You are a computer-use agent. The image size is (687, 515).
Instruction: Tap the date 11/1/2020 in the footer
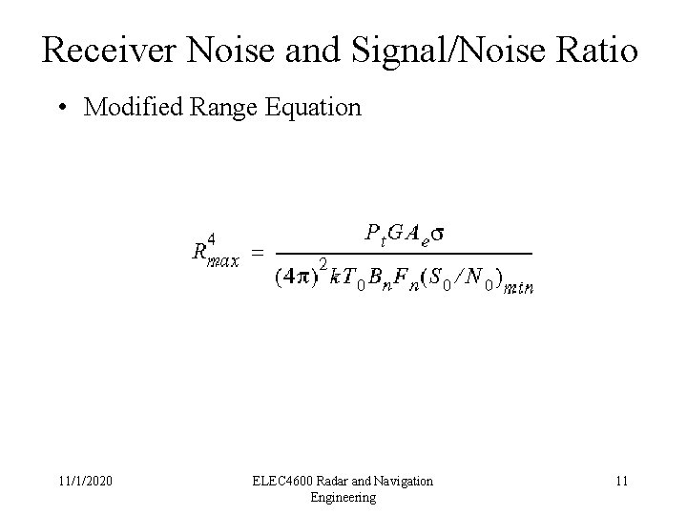tap(85, 482)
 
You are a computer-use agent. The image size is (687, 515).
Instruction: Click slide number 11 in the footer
tap(621, 482)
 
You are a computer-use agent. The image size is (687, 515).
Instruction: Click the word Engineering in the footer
tap(343, 497)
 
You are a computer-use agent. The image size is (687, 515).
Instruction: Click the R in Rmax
tap(199, 252)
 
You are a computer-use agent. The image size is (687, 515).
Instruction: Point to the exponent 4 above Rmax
tap(212, 237)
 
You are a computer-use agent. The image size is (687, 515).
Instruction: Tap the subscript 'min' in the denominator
tap(520, 287)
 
